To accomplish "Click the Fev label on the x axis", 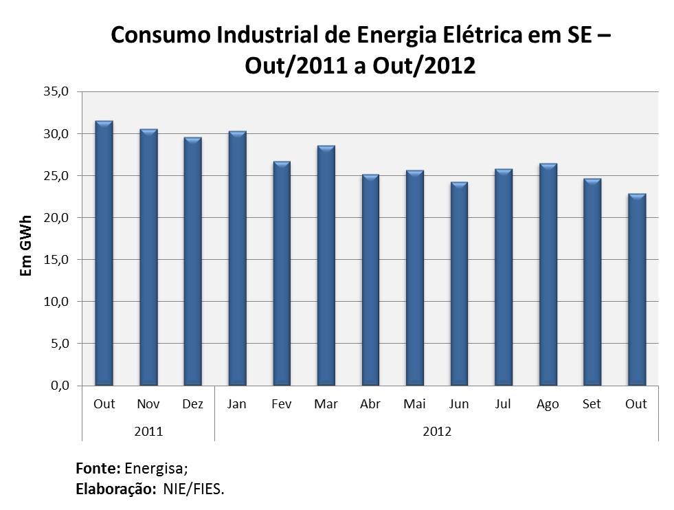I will click(282, 404).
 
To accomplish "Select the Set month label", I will click(592, 404).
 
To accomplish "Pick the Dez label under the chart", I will click(193, 404).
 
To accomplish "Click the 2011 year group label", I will click(148, 432).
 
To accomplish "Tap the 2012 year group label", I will click(437, 432).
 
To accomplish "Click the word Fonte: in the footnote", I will click(98, 469).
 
